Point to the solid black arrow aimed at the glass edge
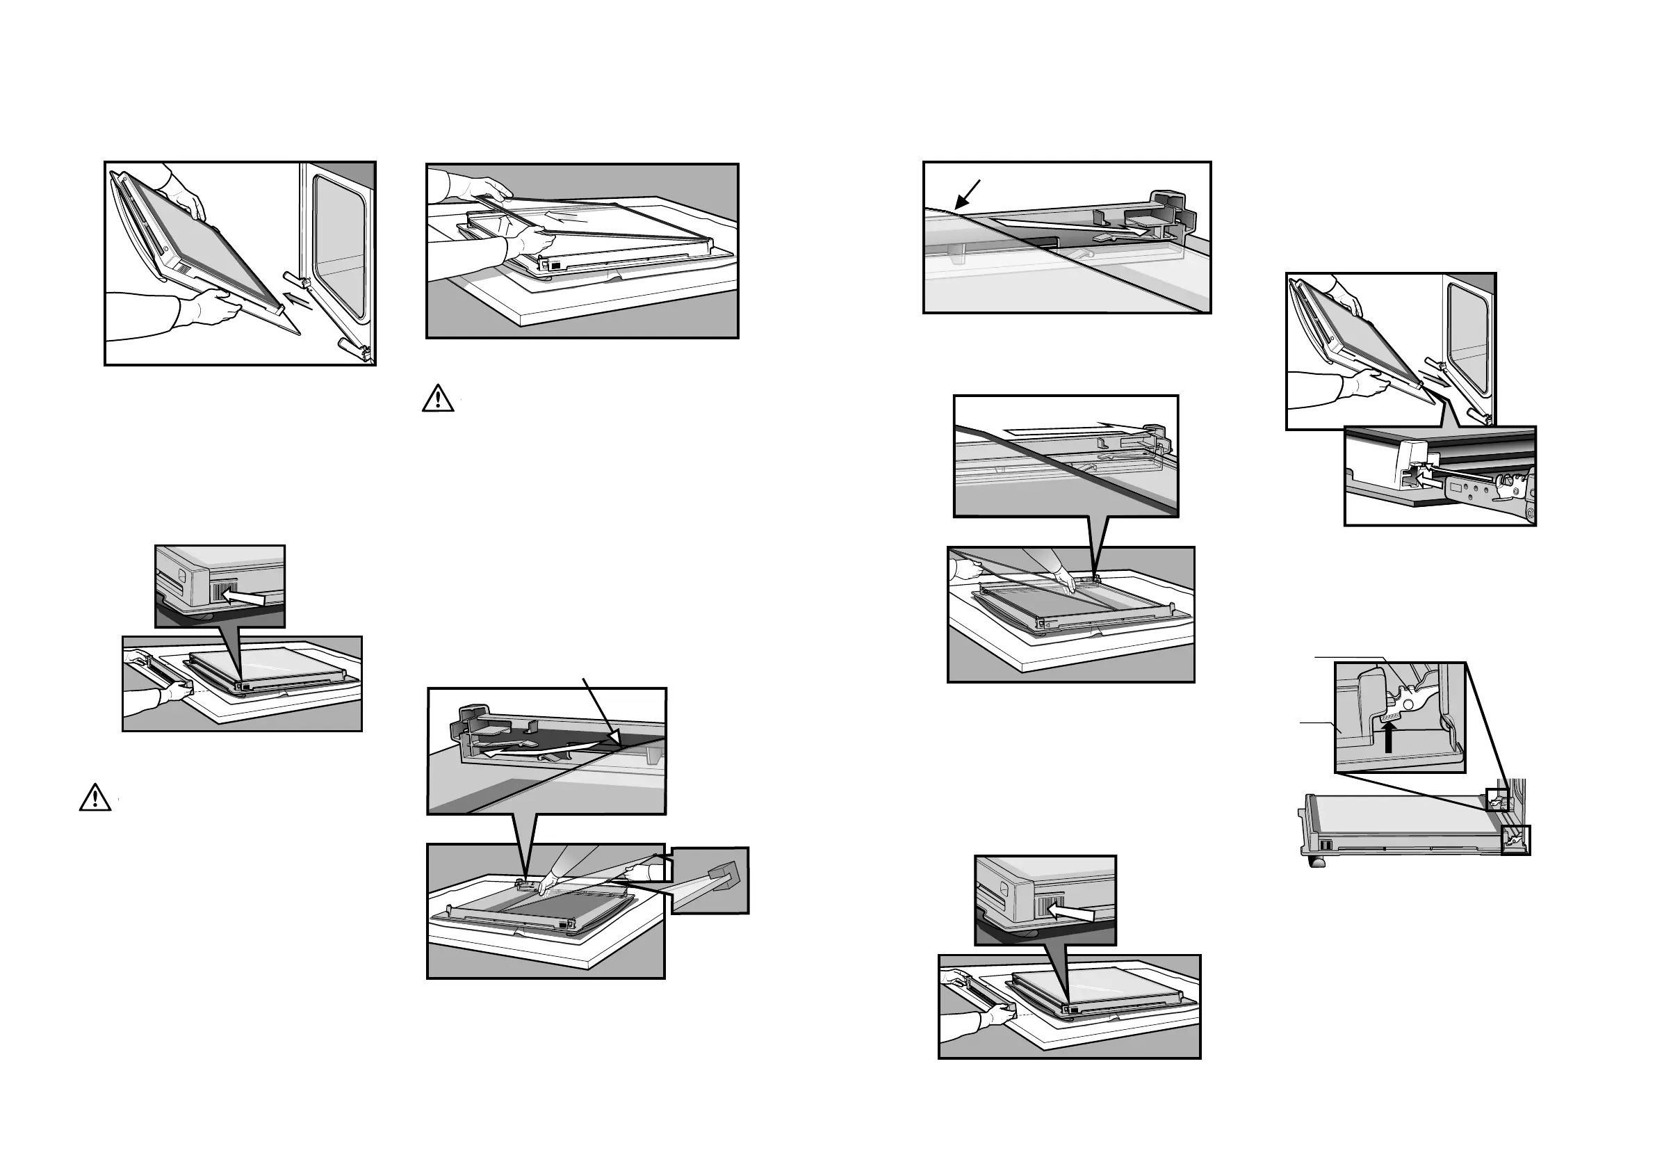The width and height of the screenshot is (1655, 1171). (967, 195)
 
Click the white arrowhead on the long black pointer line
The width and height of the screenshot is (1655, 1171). (614, 737)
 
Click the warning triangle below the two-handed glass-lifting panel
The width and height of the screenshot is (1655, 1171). (437, 398)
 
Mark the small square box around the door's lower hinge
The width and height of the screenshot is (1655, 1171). (1515, 840)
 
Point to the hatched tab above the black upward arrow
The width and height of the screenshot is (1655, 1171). (1390, 716)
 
